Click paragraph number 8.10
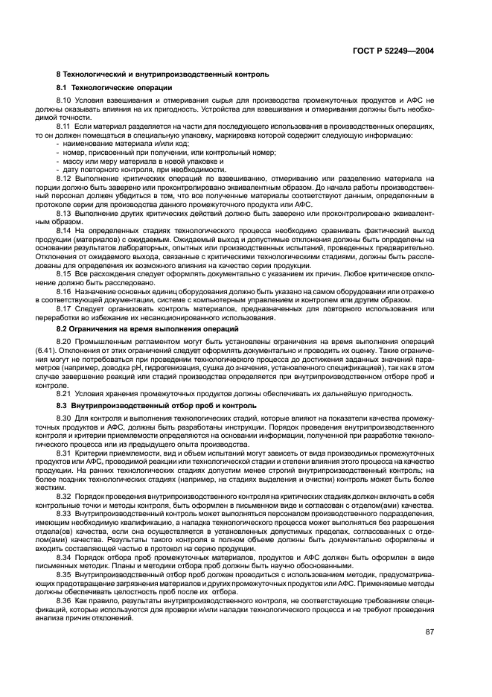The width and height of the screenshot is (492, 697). (64, 100)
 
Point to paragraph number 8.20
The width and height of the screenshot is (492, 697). (64, 340)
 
